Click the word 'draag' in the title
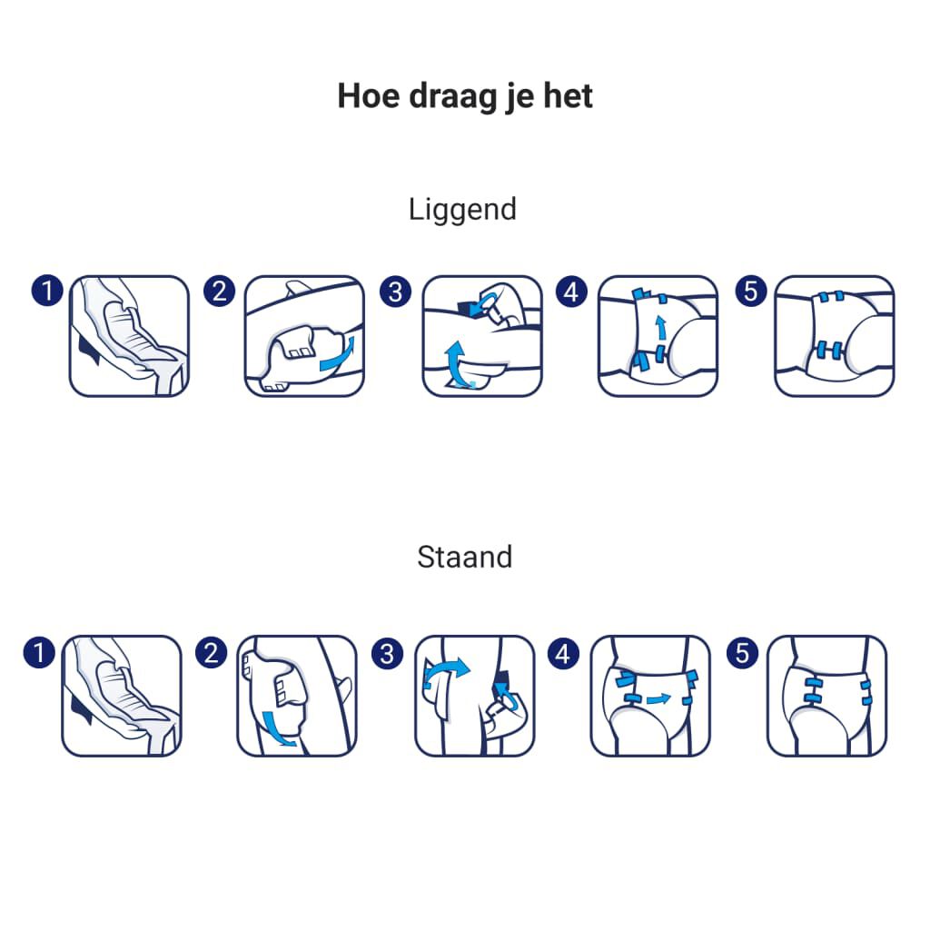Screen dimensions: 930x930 436,96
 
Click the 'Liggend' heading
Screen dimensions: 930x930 462,209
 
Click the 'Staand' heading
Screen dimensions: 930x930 464,556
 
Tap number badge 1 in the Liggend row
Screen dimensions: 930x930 46,291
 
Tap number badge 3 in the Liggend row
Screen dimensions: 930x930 395,291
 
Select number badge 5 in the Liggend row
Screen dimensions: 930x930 750,291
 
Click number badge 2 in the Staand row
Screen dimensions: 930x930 212,652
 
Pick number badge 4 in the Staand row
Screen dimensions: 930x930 563,652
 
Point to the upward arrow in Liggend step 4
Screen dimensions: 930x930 661,328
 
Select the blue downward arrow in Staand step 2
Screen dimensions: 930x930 277,727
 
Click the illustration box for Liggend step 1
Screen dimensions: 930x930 130,336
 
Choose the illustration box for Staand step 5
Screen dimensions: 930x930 826,696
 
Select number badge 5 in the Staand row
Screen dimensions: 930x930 743,652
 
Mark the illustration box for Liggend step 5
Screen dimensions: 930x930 834,336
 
